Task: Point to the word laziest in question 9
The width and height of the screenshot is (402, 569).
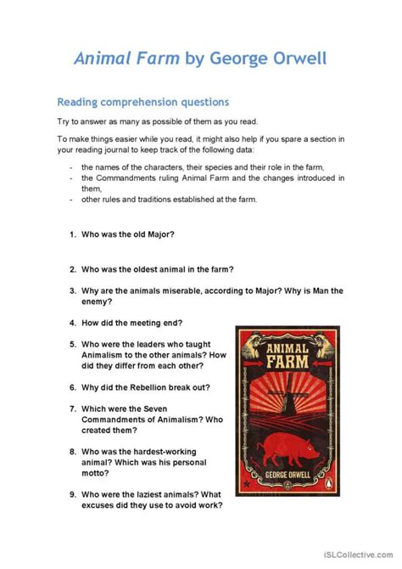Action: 170,494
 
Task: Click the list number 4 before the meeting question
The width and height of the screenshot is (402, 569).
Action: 72,323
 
